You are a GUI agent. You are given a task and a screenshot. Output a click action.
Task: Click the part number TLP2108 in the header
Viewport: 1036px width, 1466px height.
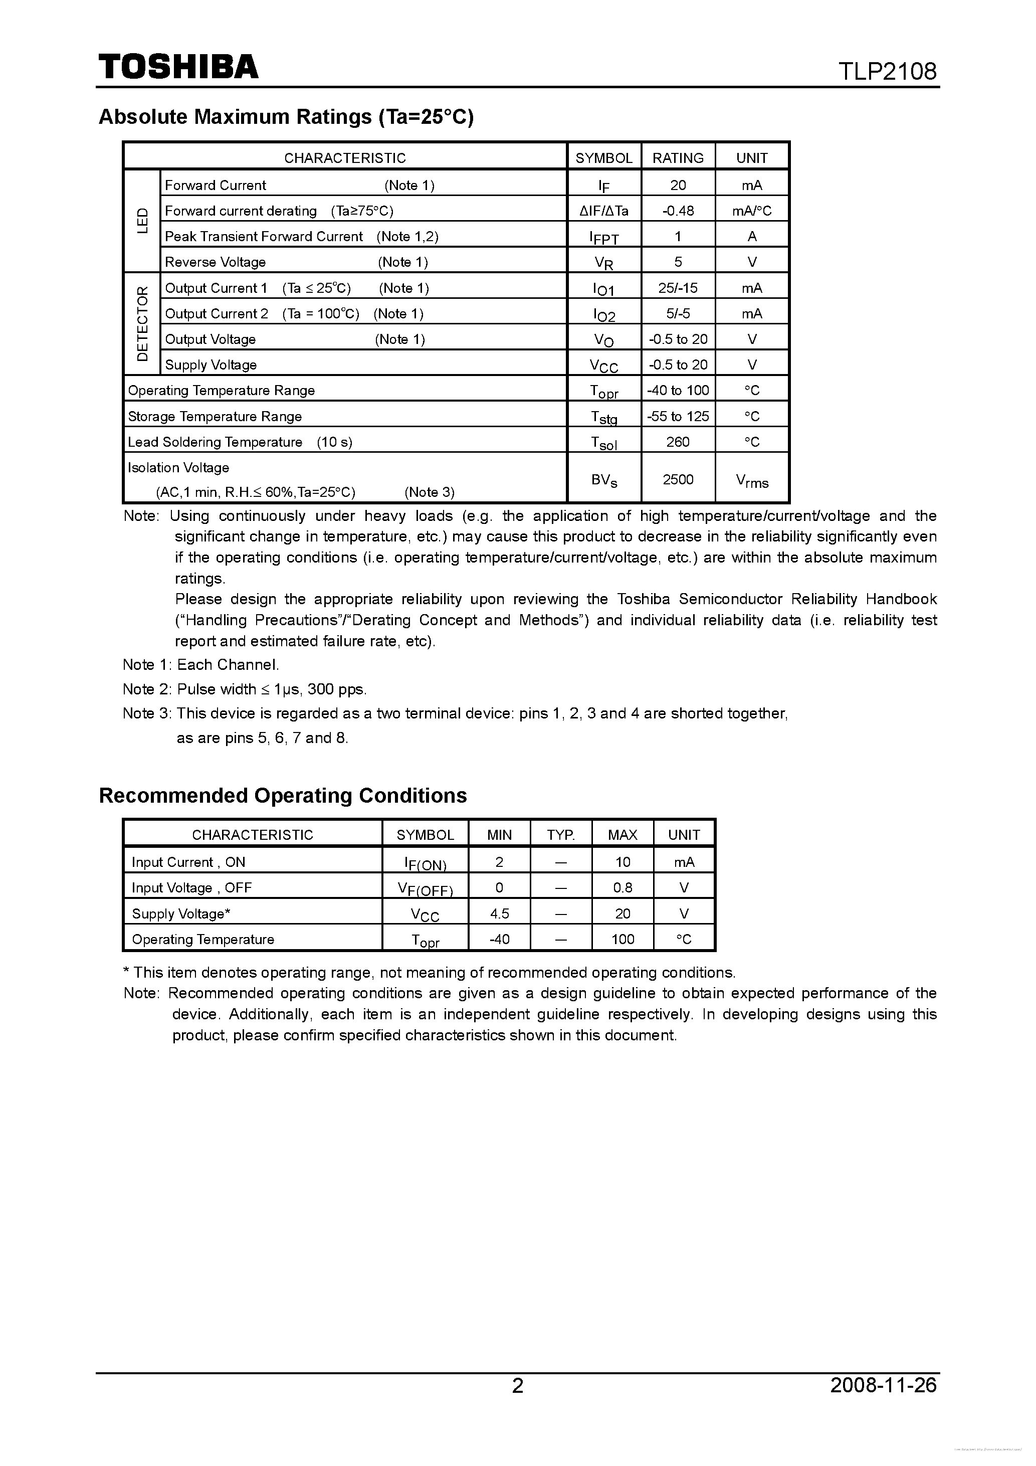click(x=887, y=71)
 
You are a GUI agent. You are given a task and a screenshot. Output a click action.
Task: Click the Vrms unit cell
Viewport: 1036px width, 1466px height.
click(x=751, y=481)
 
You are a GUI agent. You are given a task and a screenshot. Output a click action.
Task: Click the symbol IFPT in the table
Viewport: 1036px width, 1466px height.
click(x=604, y=238)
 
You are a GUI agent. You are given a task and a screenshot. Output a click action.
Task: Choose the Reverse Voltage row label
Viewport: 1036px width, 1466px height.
click(x=215, y=262)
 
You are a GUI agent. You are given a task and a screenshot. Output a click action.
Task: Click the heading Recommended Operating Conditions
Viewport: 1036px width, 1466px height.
click(x=283, y=796)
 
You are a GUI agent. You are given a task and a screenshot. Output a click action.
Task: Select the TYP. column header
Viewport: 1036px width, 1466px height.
click(x=560, y=834)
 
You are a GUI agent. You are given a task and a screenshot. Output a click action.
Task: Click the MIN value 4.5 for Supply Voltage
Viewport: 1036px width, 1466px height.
click(x=499, y=913)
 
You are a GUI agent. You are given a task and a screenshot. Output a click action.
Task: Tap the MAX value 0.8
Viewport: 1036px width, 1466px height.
click(x=623, y=887)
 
